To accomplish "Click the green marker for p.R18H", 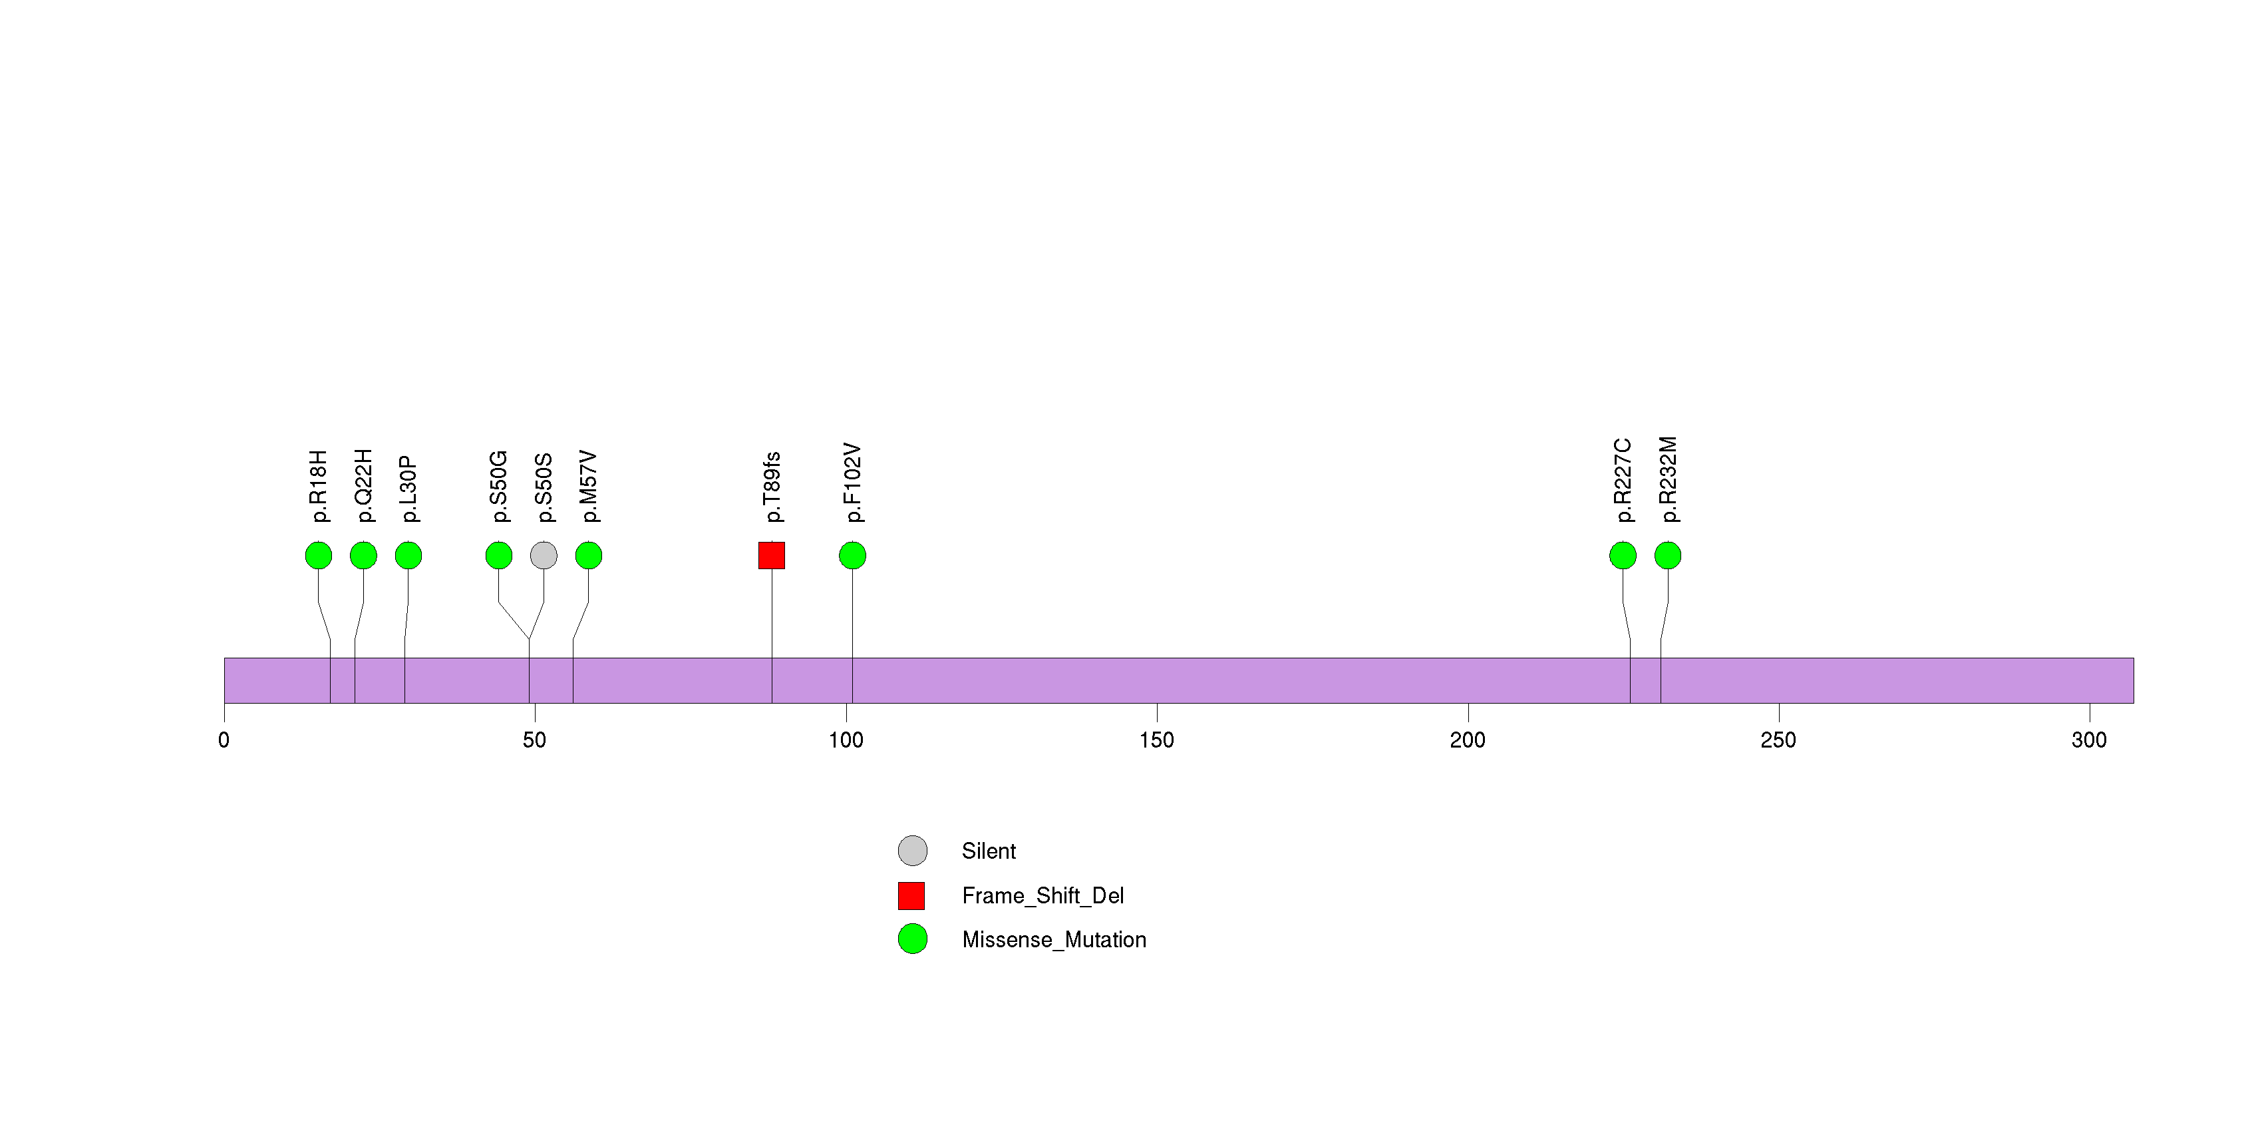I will tap(318, 556).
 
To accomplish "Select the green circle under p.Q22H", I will tap(364, 556).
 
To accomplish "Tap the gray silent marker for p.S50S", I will tap(543, 556).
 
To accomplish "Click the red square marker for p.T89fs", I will tap(772, 556).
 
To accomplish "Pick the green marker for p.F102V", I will tap(852, 556).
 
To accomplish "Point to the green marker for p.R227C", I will tap(1623, 556).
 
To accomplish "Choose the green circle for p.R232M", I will tap(1668, 556).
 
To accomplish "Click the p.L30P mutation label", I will tap(408, 489).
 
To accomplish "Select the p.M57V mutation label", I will tap(589, 487).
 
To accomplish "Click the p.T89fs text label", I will tap(772, 487).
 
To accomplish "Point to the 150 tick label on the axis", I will tap(1156, 740).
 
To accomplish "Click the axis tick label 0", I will tap(224, 740).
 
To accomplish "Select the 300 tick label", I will tap(2089, 740).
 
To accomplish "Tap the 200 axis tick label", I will tap(1468, 740).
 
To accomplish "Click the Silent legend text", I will tap(989, 851).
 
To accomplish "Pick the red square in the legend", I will tap(911, 895).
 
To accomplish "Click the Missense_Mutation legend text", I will tap(1054, 940).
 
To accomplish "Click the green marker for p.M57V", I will tap(589, 556).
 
